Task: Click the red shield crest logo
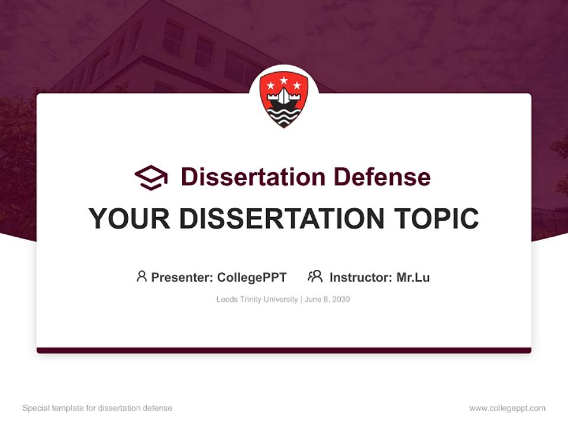coord(284,99)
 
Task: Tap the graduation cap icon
coord(151,177)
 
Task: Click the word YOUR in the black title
coord(130,219)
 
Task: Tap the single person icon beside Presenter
coord(141,276)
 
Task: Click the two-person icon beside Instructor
coord(315,276)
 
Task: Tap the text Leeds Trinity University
coord(257,299)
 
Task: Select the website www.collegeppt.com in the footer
coord(507,408)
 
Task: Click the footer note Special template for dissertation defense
coord(98,408)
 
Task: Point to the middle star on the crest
coord(284,80)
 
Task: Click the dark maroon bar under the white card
coord(284,350)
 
